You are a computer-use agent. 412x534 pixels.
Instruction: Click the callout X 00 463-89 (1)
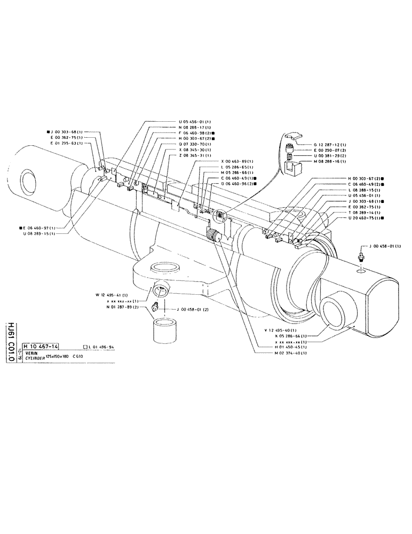(x=237, y=161)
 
